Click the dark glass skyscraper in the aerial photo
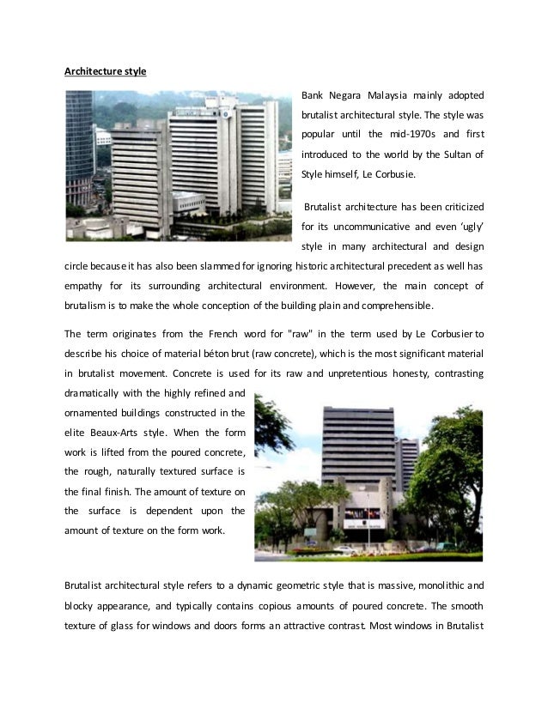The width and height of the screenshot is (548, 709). [x=79, y=146]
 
